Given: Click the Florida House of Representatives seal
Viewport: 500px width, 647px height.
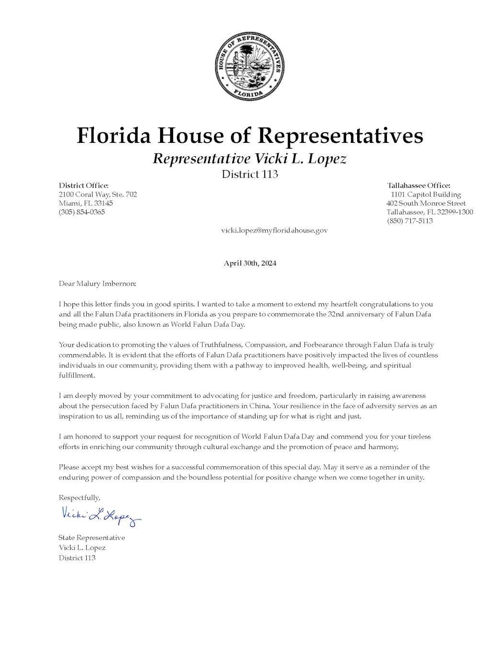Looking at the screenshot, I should [x=249, y=66].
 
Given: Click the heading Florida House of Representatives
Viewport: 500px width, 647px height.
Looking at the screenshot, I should [x=250, y=136].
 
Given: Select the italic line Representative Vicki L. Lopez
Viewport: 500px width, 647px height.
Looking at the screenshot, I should [x=249, y=159].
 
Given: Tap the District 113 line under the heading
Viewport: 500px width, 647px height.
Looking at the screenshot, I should [x=250, y=174].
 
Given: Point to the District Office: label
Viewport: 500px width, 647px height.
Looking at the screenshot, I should [x=84, y=185].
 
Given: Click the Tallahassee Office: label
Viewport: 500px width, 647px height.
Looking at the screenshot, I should [x=419, y=185].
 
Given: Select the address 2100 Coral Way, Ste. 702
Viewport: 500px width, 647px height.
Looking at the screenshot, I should [x=98, y=194].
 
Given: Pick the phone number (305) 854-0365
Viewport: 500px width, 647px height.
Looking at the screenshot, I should [x=81, y=212].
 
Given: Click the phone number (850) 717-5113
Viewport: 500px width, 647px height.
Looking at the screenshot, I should [x=410, y=220].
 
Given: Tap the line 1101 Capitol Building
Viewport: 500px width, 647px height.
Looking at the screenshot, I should [x=426, y=194].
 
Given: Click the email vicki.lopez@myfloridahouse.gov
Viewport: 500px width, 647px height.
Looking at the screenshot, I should [x=274, y=230].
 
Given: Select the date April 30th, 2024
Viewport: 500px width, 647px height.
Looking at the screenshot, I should [x=250, y=263].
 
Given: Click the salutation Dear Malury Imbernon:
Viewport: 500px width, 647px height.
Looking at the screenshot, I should [x=97, y=283].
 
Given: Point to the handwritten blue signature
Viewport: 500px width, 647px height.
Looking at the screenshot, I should [x=101, y=516].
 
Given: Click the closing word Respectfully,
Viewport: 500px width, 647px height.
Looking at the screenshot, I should [x=80, y=497].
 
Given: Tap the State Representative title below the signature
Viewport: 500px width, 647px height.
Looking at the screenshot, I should [x=92, y=538].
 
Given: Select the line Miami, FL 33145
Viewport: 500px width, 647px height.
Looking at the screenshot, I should [x=86, y=203].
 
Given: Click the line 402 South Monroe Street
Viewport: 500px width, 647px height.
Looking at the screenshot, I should [x=426, y=203].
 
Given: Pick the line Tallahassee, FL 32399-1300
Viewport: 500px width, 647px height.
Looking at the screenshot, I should [x=430, y=212].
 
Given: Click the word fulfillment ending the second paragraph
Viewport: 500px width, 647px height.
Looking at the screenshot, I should [x=77, y=375].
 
